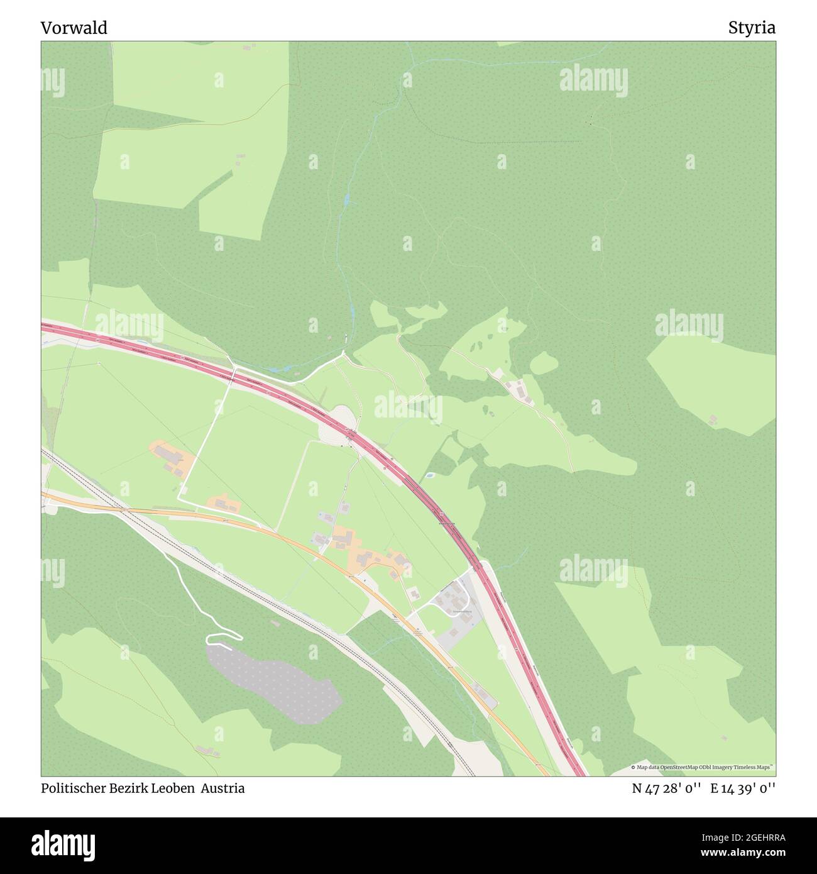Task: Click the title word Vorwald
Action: click(x=74, y=28)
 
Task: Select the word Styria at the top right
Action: click(x=752, y=28)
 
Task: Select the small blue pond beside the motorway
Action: click(x=429, y=475)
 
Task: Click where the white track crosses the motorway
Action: click(x=234, y=372)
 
